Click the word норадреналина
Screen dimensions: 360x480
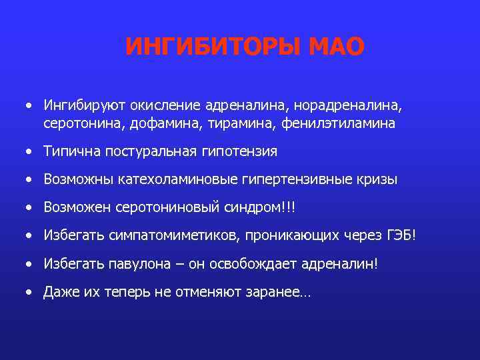pos(355,105)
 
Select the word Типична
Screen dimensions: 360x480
pos(69,152)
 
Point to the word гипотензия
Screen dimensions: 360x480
pos(237,152)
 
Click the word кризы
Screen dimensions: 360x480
pos(373,180)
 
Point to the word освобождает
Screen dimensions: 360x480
pos(241,264)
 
